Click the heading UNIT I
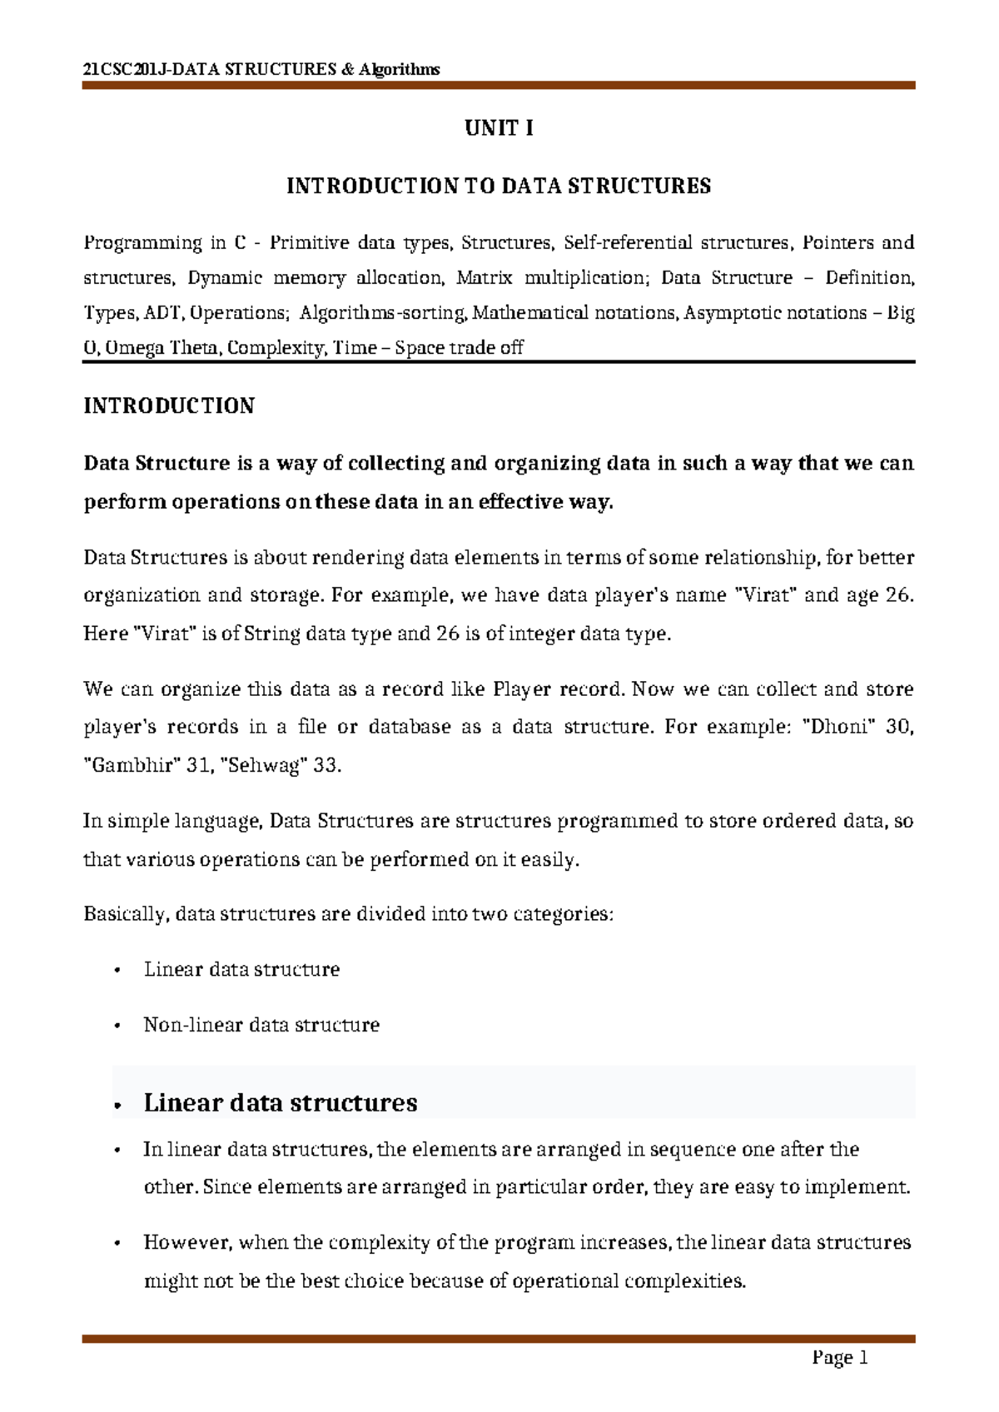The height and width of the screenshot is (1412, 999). coord(499,127)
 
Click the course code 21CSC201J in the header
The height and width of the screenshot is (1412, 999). coord(126,69)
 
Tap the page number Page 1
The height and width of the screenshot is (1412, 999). coord(840,1358)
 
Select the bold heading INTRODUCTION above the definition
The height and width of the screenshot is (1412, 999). coord(169,405)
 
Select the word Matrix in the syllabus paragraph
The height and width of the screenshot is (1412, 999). coord(484,278)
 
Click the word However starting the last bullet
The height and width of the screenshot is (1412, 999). coord(186,1242)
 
